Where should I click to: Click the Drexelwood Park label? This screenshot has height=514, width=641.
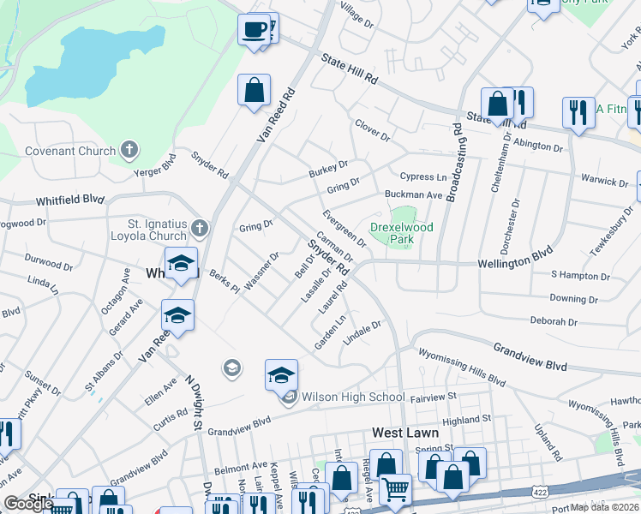pyautogui.click(x=401, y=233)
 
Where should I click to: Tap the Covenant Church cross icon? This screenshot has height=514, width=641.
pyautogui.click(x=129, y=151)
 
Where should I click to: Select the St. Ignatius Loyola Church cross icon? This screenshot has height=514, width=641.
pyautogui.click(x=199, y=228)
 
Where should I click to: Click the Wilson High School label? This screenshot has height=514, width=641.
pyautogui.click(x=351, y=397)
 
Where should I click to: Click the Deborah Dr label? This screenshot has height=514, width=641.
pyautogui.click(x=554, y=321)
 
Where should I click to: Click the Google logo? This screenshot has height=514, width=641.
pyautogui.click(x=28, y=504)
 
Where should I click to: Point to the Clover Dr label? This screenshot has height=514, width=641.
pyautogui.click(x=373, y=131)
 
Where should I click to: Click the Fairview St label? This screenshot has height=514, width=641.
pyautogui.click(x=434, y=397)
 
